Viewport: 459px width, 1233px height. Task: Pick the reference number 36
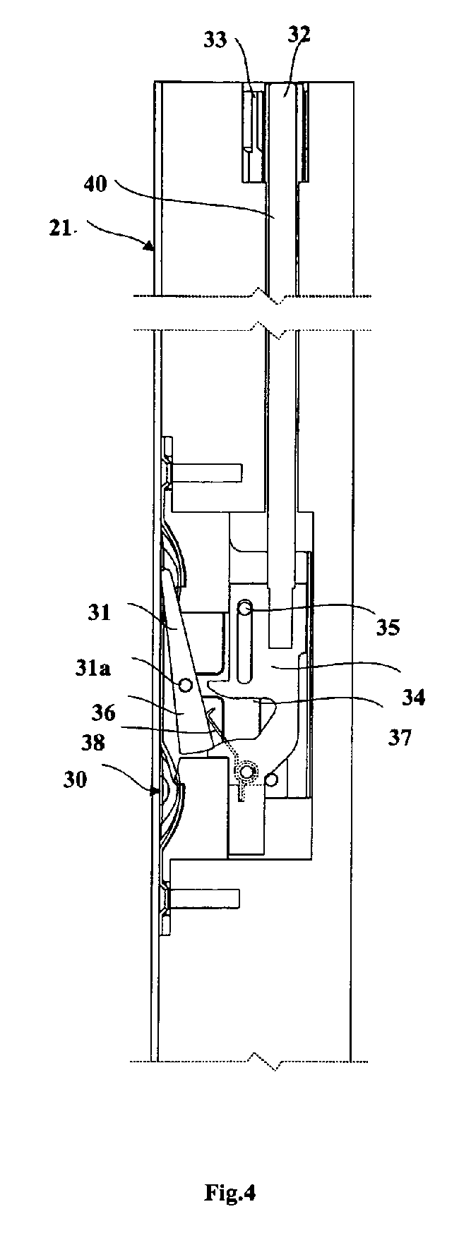click(103, 713)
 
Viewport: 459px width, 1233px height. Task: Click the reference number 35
click(386, 626)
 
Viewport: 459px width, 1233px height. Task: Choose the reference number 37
click(398, 738)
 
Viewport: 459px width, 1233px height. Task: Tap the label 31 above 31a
click(100, 612)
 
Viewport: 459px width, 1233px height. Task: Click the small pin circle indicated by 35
click(244, 607)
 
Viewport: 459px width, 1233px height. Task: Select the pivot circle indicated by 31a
click(186, 684)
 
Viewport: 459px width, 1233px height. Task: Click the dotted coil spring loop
click(246, 773)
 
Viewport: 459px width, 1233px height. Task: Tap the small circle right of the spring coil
click(272, 779)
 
